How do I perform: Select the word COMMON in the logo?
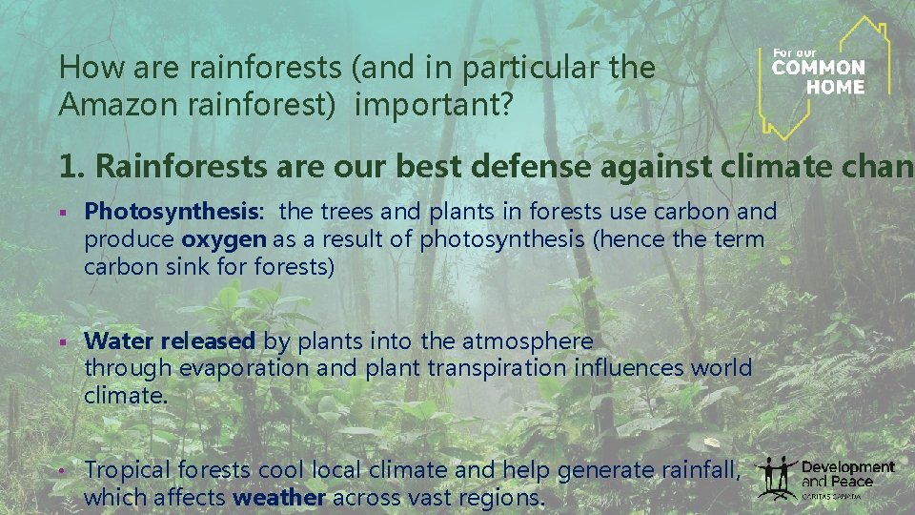(x=818, y=69)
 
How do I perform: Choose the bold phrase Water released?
(x=170, y=341)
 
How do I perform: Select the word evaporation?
(x=243, y=368)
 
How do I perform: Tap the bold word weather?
(x=279, y=497)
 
